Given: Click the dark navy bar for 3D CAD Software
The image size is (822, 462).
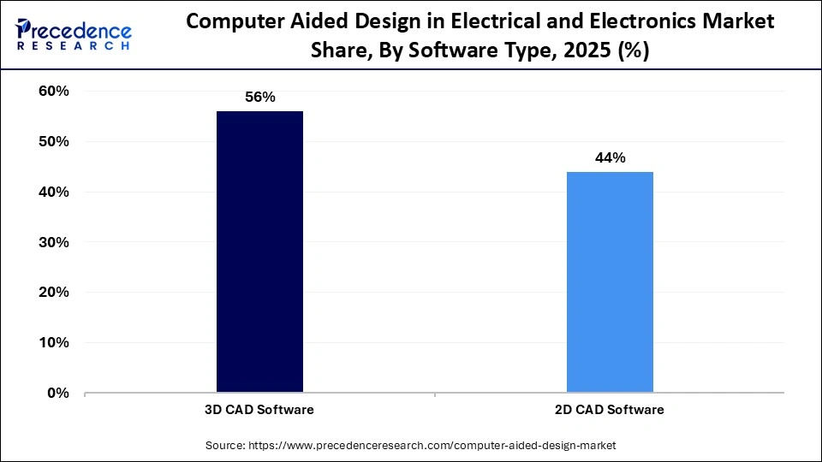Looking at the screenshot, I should [x=259, y=252].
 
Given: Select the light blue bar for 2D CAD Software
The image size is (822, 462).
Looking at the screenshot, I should [x=610, y=281].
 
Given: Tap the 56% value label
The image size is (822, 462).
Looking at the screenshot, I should [x=259, y=98].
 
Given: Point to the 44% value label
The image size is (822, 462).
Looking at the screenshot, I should [x=610, y=158].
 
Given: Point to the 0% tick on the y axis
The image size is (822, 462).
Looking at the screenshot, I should [x=59, y=394].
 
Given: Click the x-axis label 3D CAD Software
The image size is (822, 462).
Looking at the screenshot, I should [x=259, y=410].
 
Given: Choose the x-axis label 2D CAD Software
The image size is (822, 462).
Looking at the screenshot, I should [x=610, y=410].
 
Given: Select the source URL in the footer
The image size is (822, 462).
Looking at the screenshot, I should [x=432, y=446].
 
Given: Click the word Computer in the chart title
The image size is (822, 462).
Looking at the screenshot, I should [x=227, y=22].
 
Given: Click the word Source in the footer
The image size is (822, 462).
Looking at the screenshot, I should [x=224, y=446].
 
